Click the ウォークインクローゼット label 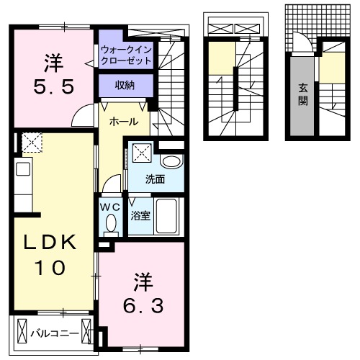pos(127,55)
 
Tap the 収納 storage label pos(125,85)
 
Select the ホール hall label pos(120,123)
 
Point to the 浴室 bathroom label pos(140,215)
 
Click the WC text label pos(109,207)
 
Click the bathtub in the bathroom pos(167,215)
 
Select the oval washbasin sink pos(171,161)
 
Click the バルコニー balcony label pos(50,333)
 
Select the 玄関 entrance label pos(303,94)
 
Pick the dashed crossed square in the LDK pos(31,143)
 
